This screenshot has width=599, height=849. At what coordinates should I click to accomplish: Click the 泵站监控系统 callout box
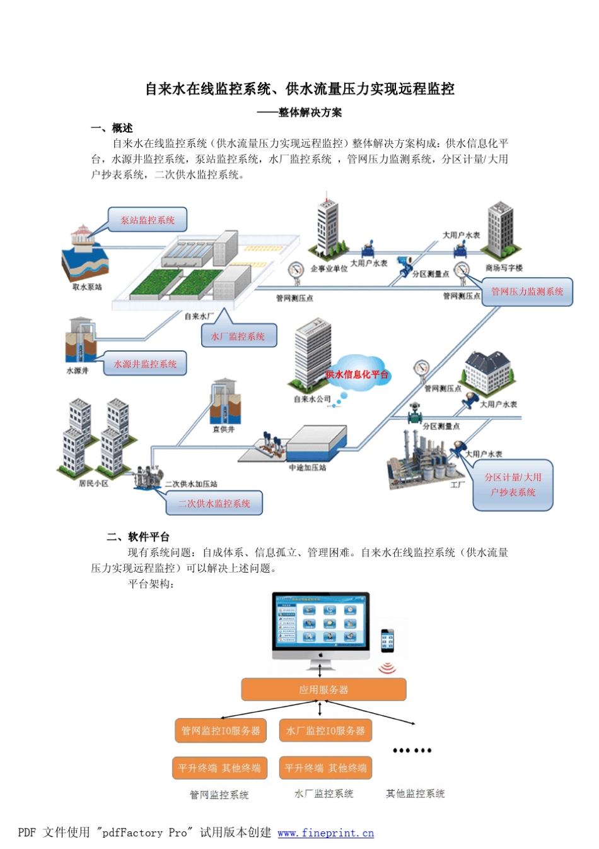pos(148,220)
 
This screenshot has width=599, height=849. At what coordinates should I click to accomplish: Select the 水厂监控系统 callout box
pos(238,336)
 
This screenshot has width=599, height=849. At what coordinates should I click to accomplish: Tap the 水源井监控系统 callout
pos(145,364)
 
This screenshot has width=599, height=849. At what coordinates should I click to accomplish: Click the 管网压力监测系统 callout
pos(527,292)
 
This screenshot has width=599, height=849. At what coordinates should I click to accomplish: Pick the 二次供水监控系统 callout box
pos(214,503)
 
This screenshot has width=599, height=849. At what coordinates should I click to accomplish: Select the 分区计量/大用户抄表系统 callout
pos(513,485)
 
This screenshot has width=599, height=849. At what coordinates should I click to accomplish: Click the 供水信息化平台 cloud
pos(357,374)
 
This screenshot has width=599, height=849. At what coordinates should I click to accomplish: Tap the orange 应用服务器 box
pos(323,690)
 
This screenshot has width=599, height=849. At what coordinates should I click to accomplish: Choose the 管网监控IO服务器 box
pos(220,730)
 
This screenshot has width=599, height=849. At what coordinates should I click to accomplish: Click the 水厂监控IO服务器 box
pos(325,730)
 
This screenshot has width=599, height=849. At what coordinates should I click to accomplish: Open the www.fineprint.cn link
pos(325,833)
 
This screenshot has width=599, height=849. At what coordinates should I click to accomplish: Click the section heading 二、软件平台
pos(138,537)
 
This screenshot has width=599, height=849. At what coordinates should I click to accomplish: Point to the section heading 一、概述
pos(112,128)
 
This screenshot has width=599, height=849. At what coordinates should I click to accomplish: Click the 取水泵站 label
pos(86,287)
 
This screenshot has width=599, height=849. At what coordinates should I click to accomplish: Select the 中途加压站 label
pos(307,468)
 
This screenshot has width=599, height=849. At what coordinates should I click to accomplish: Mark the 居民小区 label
pos(93,484)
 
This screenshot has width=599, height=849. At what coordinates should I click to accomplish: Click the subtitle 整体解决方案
pos(310,112)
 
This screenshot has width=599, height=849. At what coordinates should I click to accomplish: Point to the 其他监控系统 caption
pos(415,793)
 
